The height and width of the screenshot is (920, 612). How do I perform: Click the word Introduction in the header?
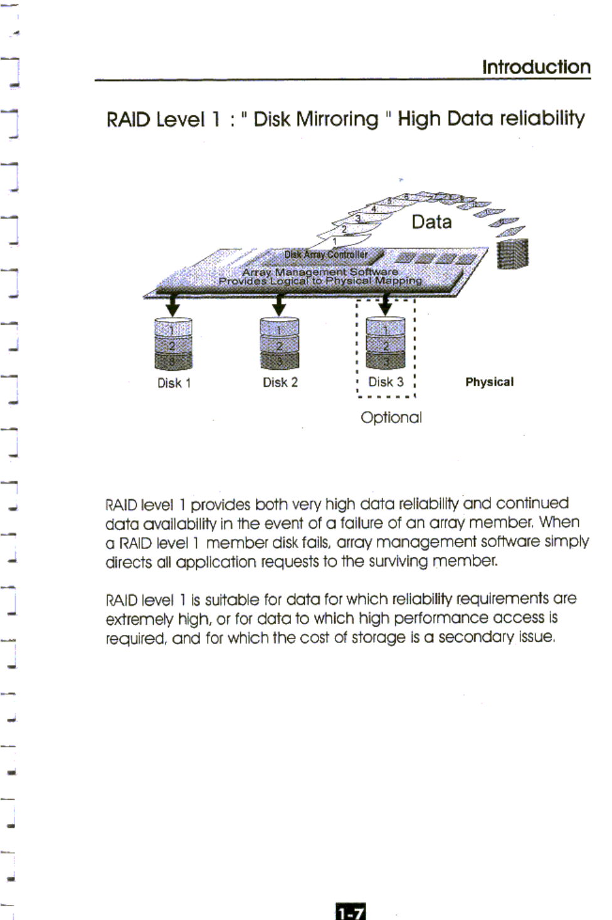point(536,67)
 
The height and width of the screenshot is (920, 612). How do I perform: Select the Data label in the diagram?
point(431,222)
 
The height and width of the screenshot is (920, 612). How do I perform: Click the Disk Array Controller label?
point(326,254)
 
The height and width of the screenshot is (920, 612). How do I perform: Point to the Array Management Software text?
point(320,272)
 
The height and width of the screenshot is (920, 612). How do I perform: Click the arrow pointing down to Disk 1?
point(172,306)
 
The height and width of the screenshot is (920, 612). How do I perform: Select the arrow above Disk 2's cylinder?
point(279,306)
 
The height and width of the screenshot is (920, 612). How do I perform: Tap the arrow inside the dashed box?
point(385,306)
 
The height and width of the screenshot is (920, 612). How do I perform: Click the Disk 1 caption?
point(174,383)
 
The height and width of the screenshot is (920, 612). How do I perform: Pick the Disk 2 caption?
point(280,382)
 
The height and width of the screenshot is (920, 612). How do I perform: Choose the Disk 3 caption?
point(386,382)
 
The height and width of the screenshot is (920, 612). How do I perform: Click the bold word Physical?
point(489,382)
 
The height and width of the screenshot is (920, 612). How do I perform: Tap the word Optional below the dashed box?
point(391,417)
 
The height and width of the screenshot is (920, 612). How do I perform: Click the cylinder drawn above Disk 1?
point(173,344)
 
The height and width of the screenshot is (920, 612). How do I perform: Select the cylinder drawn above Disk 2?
point(280,343)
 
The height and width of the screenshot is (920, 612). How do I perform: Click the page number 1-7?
point(351,912)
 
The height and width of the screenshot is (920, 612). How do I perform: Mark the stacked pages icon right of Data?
point(512,254)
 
